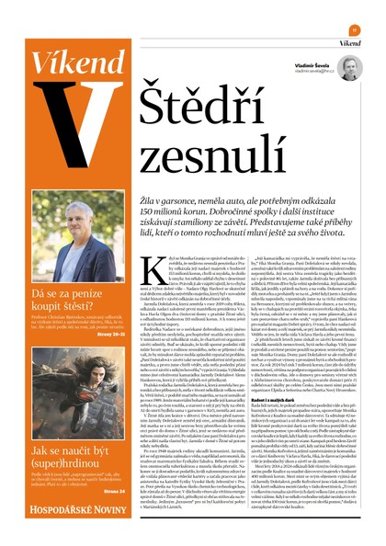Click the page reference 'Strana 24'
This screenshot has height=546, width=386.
click(x=112, y=491)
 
